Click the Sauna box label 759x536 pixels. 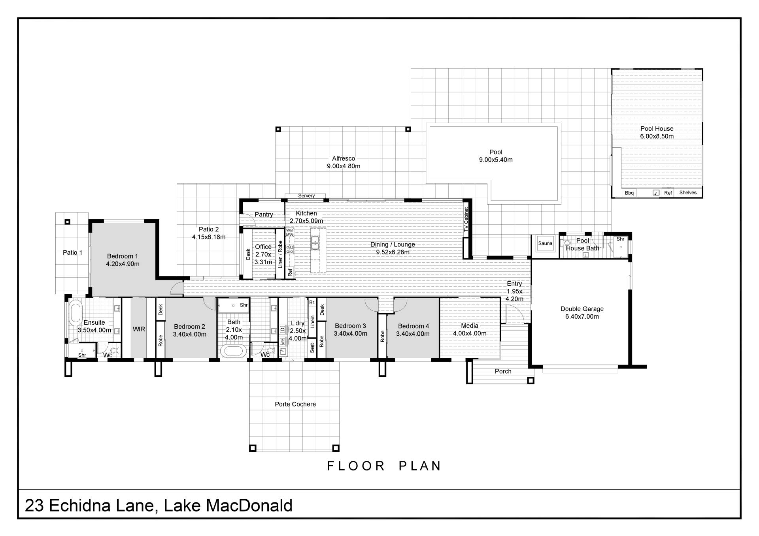click(x=545, y=243)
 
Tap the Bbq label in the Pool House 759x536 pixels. click(x=629, y=193)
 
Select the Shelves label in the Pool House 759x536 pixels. click(x=688, y=192)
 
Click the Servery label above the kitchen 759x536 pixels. click(x=306, y=196)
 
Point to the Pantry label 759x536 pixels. click(x=264, y=214)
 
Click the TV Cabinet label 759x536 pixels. click(x=466, y=220)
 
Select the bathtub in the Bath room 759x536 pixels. click(x=233, y=351)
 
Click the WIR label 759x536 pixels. click(x=139, y=329)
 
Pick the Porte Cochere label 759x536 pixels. click(x=295, y=404)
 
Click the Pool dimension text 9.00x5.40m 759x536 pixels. click(x=496, y=160)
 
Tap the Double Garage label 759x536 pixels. click(x=582, y=309)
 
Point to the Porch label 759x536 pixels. click(x=503, y=371)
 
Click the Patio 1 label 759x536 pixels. click(x=73, y=252)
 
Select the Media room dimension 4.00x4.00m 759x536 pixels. click(x=470, y=333)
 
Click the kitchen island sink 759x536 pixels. click(x=315, y=243)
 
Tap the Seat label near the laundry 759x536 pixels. click(x=312, y=348)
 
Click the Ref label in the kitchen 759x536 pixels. click(x=290, y=272)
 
